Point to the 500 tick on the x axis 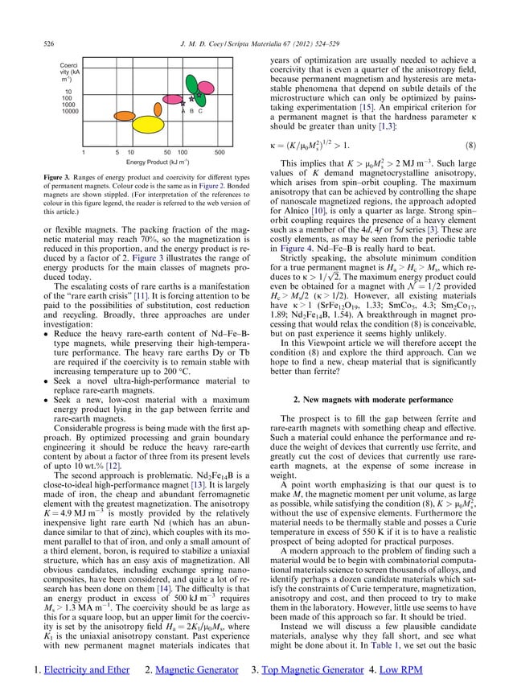[219, 150]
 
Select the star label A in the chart [182, 111]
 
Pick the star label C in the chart [199, 111]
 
